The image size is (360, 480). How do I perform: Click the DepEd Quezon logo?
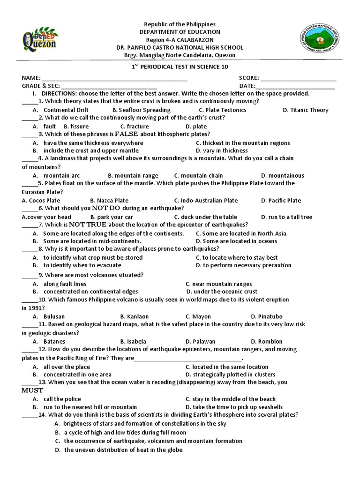coord(39,39)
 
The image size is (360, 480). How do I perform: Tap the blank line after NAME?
coord(115,79)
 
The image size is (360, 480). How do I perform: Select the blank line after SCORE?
coord(298,79)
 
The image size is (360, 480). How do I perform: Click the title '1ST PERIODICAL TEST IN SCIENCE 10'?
coord(180,67)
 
